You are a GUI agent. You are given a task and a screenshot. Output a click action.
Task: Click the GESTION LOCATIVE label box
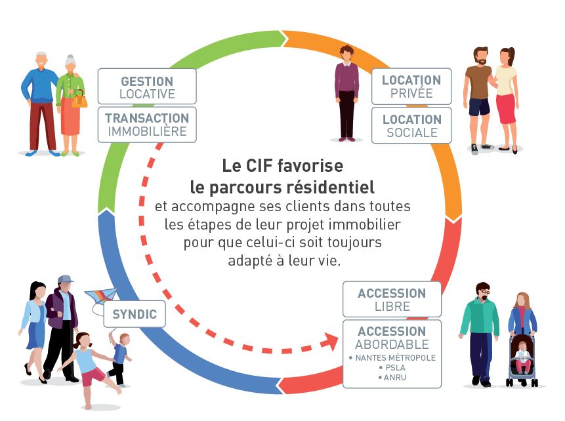point(147,87)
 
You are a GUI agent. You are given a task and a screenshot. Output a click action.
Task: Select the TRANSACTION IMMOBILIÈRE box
point(147,125)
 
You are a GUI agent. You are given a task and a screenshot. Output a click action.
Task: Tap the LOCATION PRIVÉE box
point(411,86)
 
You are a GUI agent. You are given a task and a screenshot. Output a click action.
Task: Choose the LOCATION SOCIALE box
point(411,125)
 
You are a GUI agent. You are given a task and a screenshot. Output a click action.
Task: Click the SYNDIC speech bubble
point(135,314)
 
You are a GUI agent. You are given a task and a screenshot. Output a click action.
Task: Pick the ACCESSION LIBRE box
point(392,299)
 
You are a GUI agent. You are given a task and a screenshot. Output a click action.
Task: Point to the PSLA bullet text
point(392,367)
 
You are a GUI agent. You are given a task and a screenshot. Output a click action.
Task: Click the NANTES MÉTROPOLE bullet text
point(392,357)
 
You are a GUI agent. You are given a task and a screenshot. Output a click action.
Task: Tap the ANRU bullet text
point(392,377)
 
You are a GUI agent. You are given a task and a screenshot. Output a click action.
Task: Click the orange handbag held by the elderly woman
point(79,101)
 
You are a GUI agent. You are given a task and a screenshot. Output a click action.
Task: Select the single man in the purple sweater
point(346,92)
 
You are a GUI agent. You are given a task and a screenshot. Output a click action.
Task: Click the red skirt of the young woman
point(505,108)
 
